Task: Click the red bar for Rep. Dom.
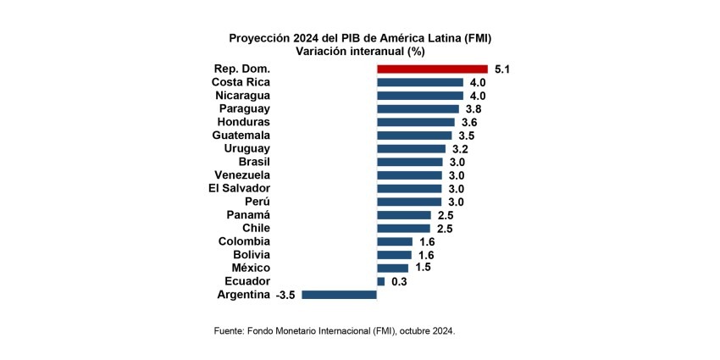[x=432, y=69]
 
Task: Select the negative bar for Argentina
[x=339, y=295]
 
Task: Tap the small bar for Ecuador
[x=380, y=281]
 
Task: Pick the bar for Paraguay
[x=418, y=109]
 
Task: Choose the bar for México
[x=392, y=268]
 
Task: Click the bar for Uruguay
[x=411, y=149]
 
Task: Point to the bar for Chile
[x=403, y=228]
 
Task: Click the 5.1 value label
[x=502, y=69]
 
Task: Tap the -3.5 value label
[x=285, y=295]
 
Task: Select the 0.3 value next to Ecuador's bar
[x=399, y=281]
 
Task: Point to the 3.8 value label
[x=474, y=109]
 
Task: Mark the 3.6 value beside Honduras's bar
[x=469, y=122]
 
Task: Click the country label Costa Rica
[x=241, y=82]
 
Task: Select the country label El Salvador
[x=240, y=188]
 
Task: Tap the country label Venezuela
[x=242, y=174]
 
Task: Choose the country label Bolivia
[x=252, y=254]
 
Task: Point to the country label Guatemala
[x=241, y=136]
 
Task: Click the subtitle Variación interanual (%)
[x=360, y=52]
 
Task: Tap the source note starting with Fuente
[x=335, y=331]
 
